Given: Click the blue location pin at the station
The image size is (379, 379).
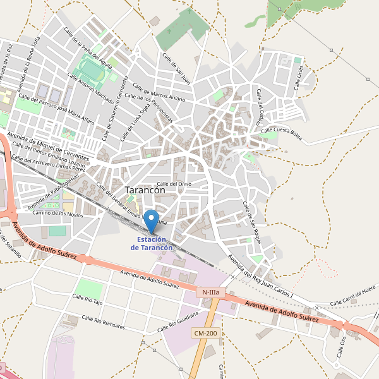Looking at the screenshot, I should tap(152, 221).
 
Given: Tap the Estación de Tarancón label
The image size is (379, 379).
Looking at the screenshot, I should tap(152, 244).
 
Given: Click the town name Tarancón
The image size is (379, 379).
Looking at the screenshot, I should tap(145, 189).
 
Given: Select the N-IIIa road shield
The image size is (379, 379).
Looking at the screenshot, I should tap(210, 292).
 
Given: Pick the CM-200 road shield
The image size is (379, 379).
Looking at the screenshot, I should tap(205, 333).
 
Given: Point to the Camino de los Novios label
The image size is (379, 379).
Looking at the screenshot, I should tap(58, 214).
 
